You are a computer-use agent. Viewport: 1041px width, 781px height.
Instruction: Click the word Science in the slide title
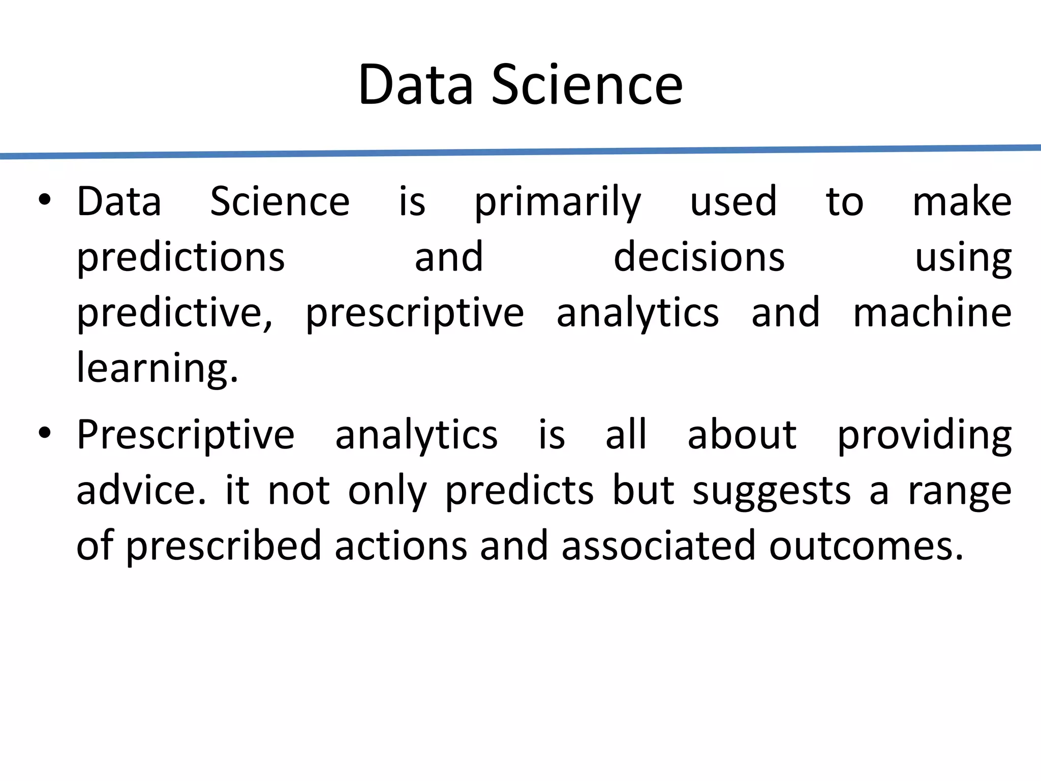coord(587,85)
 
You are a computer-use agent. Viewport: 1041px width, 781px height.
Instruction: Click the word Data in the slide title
coord(415,85)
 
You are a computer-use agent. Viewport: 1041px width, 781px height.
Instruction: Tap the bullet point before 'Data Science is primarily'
coord(45,200)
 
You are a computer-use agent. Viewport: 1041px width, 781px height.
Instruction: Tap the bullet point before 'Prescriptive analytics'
coord(45,433)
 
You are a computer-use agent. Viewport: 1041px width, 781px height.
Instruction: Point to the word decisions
coord(699,257)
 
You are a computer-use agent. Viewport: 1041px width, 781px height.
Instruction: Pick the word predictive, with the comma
coord(175,313)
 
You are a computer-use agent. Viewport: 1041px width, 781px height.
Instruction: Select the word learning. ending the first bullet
coord(157,368)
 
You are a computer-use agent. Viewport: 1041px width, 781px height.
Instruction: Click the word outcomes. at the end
coord(866,546)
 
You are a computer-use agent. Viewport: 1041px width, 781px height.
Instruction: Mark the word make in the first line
coord(962,202)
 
